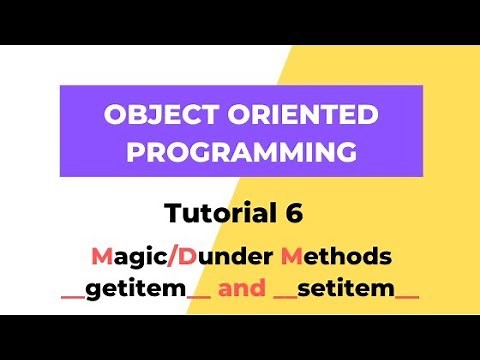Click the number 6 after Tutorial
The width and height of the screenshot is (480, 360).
tap(291, 213)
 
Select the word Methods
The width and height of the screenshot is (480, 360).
tap(335, 257)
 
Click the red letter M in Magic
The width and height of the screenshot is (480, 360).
tap(101, 257)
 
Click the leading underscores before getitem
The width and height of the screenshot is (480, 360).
tap(73, 299)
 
